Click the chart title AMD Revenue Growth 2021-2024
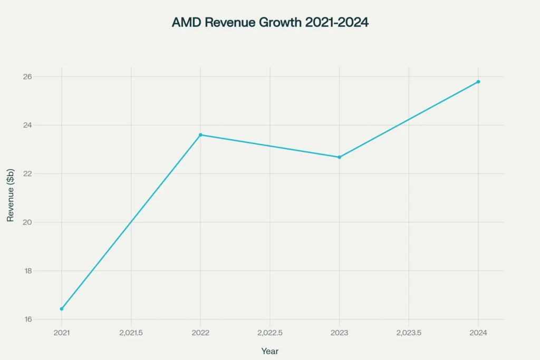pos(270,23)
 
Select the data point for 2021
pos(62,309)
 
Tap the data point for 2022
pos(200,135)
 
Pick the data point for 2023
pos(339,157)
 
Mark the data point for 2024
pos(478,82)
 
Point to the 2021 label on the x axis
pos(62,333)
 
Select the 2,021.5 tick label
pos(131,333)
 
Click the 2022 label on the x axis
pos(200,333)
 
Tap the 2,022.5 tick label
pos(270,333)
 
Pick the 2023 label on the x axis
pos(339,333)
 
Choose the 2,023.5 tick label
pos(409,333)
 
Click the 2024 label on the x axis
pos(478,333)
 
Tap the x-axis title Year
pos(270,351)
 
